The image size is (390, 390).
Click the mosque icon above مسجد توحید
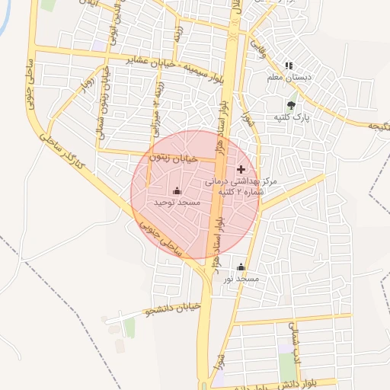coord(177,190)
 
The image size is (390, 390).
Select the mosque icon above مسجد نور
coord(241,267)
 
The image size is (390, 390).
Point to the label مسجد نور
coord(241,280)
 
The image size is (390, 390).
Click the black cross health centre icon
coord(241,168)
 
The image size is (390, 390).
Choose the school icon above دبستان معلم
coord(289,66)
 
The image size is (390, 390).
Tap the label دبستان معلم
coord(289,78)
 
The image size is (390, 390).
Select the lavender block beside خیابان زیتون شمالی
coord(98,46)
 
